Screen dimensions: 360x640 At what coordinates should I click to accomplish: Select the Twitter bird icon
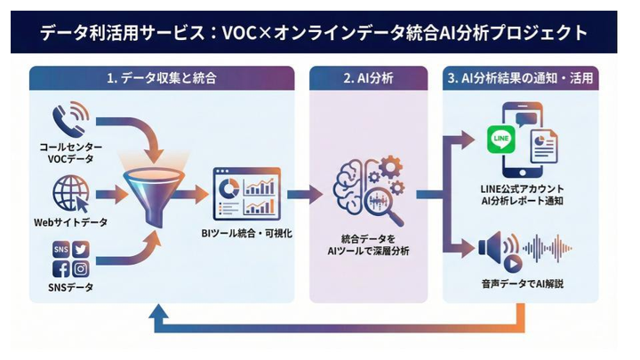click(81, 249)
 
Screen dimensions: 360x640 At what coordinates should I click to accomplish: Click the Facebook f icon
click(61, 268)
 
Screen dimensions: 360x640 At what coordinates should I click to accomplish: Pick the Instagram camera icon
click(81, 268)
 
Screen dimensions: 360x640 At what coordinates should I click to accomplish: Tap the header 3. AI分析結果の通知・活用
click(520, 78)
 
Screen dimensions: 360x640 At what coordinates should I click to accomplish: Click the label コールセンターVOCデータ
click(70, 152)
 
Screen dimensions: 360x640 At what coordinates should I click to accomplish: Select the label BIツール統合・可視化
click(245, 234)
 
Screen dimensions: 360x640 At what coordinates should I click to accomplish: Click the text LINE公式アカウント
click(520, 189)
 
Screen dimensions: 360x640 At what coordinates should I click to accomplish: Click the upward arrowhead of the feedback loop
click(159, 310)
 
